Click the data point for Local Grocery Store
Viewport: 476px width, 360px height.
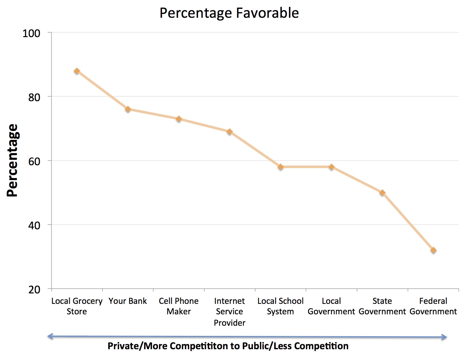(77, 71)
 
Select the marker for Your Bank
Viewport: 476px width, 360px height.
(128, 109)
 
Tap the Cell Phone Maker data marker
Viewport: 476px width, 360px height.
(179, 119)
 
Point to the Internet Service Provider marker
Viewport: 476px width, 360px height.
(229, 132)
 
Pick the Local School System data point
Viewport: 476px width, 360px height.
(281, 167)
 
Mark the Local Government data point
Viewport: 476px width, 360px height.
(331, 167)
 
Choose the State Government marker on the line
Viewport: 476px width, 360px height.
(382, 193)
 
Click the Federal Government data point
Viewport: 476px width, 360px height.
(433, 250)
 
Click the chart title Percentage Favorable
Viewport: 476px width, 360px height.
(229, 13)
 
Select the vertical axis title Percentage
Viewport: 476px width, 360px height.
(13, 160)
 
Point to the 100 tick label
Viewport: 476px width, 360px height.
(31, 33)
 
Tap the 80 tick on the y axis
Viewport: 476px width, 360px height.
(34, 97)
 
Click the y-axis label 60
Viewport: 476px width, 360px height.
(34, 161)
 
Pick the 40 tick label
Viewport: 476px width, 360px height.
(34, 226)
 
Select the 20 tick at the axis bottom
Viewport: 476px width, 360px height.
(34, 290)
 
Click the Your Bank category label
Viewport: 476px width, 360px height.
(128, 301)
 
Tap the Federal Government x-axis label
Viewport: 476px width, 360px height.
(433, 306)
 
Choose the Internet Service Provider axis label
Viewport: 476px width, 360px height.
(229, 311)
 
